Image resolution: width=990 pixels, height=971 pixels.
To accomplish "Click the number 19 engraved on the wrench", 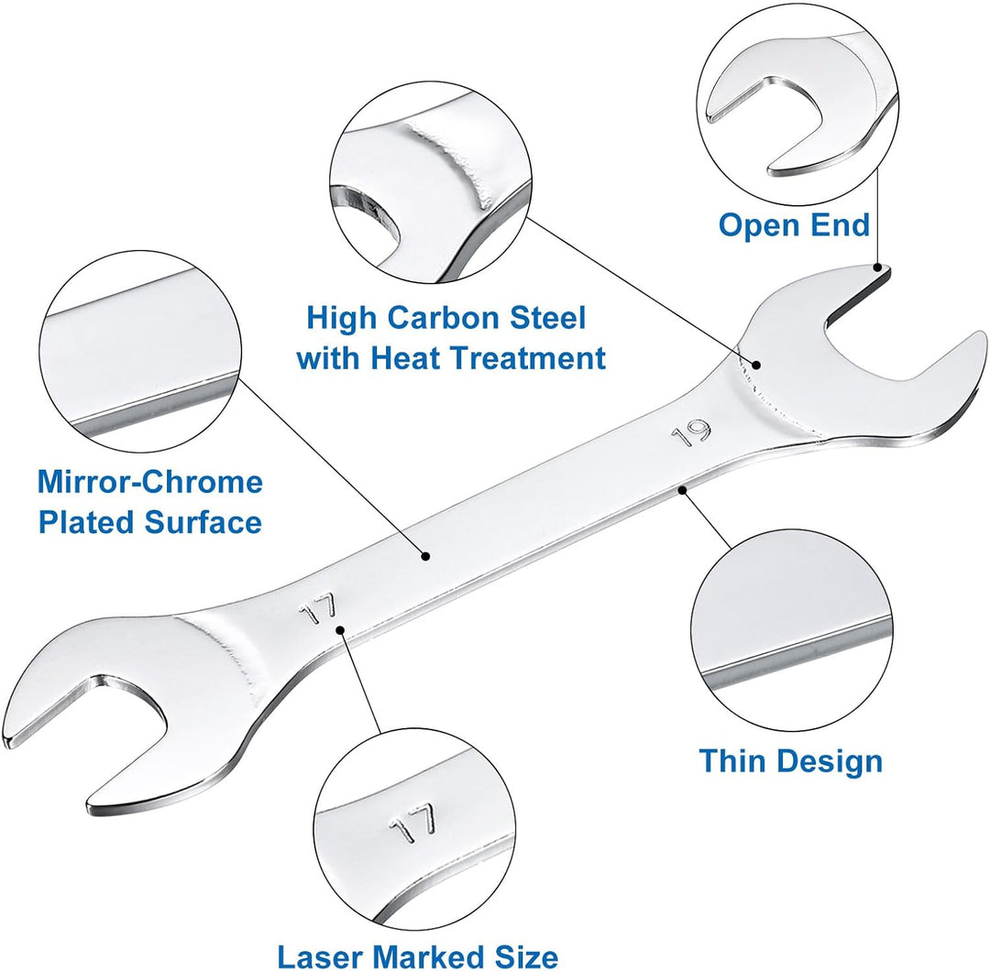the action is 692,433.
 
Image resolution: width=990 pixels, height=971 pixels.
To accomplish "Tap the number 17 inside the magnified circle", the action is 412,823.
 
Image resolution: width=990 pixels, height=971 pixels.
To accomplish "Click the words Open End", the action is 794,225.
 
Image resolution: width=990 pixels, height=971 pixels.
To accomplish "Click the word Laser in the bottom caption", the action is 324,955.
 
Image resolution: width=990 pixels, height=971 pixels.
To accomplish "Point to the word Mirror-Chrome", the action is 150,482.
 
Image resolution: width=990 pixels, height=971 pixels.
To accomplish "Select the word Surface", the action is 203,522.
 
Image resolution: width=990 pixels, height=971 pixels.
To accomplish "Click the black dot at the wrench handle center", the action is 425,556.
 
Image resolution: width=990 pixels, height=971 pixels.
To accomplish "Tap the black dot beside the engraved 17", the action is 340,629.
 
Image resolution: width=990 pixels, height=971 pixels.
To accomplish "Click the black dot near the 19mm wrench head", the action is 755,364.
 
